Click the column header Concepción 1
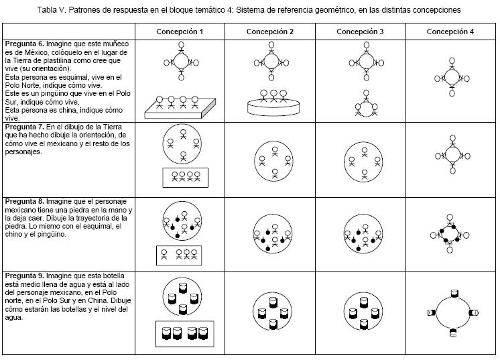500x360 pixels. pos(180,32)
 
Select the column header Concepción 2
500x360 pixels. pos(269,32)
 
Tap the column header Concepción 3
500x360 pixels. pos(360,32)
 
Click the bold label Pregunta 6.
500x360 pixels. pos(24,44)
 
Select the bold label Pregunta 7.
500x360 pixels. pos(24,126)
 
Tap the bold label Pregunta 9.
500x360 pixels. pos(24,276)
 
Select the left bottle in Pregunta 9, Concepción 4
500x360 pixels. pos(430,311)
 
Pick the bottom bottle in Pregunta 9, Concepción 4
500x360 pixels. pos(453,331)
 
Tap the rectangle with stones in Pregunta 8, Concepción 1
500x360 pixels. pos(180,255)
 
